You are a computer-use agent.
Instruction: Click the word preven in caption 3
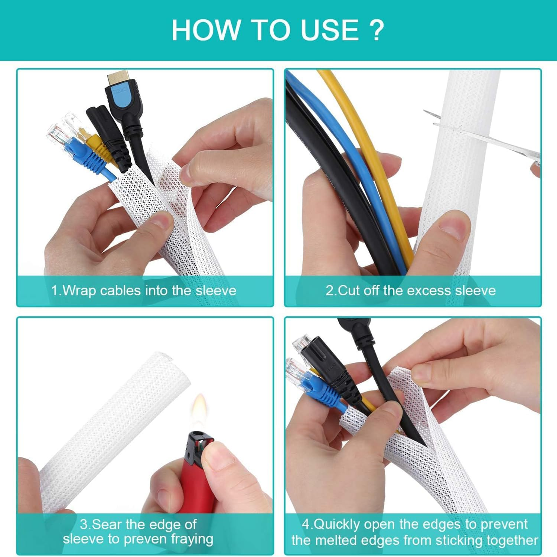tap(146, 538)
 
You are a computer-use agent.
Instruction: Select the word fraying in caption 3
tap(192, 539)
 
